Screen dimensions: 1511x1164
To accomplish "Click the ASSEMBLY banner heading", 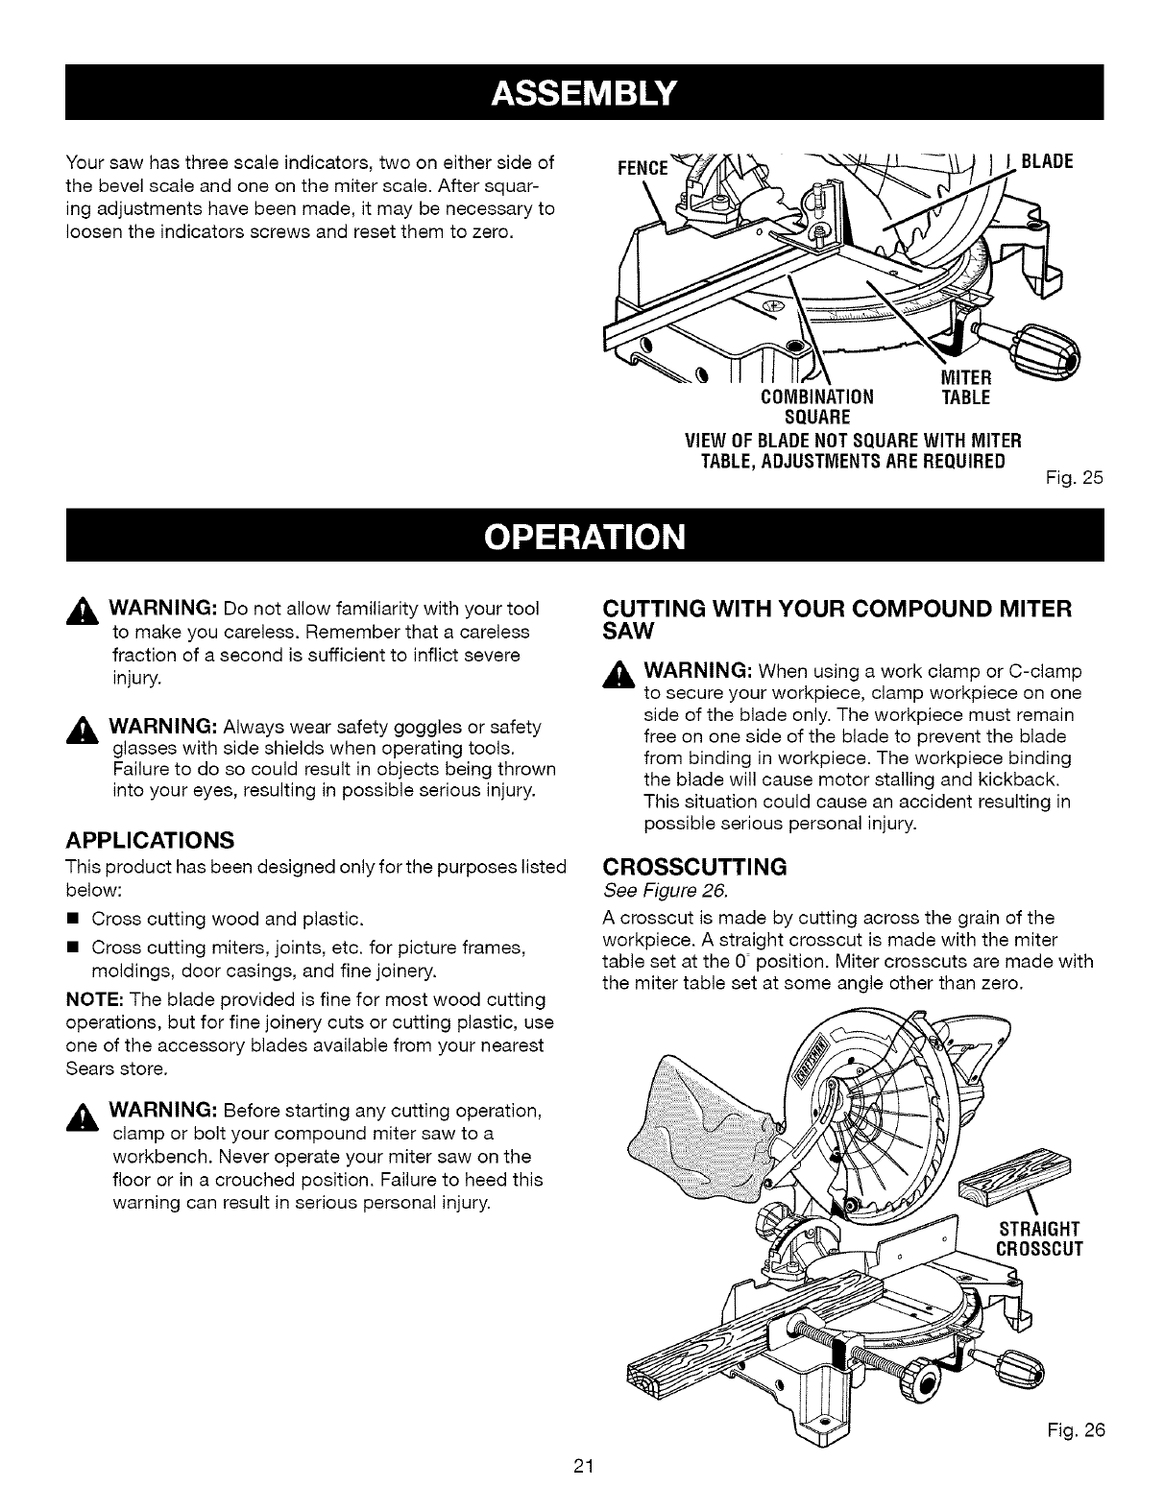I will coord(584,93).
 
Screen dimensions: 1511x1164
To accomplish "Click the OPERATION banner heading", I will coord(584,535).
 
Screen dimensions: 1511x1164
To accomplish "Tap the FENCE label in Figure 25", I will coord(642,167).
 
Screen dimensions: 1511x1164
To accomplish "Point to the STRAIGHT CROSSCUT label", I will coord(1040,1238).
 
